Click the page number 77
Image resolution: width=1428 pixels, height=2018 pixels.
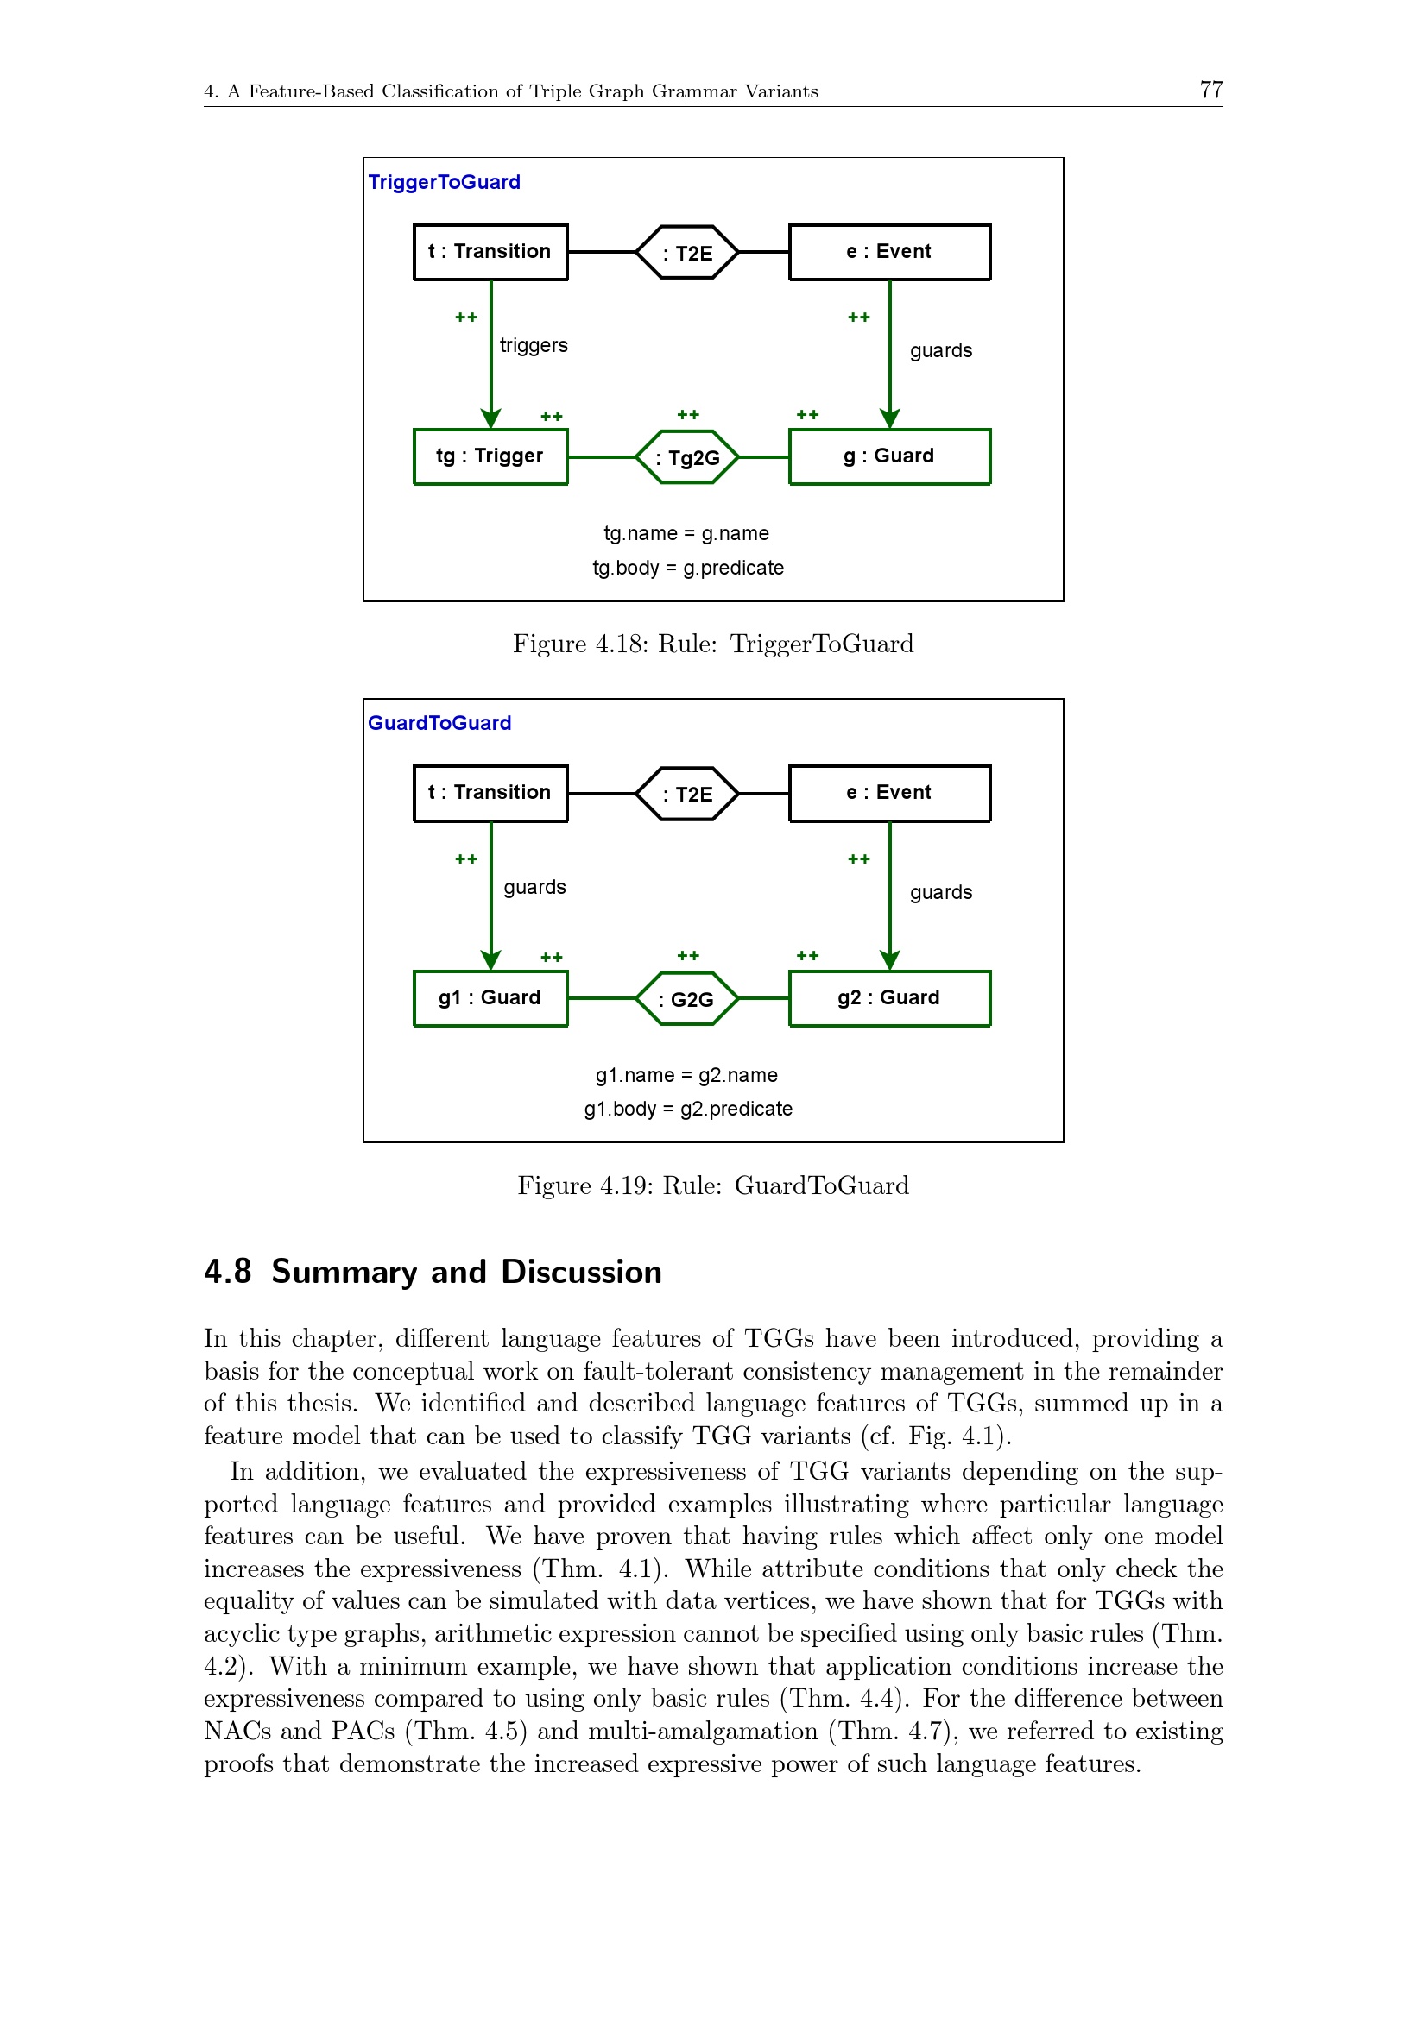coord(1210,90)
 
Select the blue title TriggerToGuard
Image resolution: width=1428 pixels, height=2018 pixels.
coord(443,182)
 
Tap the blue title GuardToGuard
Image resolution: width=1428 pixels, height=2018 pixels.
coord(439,722)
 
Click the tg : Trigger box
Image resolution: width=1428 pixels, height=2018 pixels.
coord(490,456)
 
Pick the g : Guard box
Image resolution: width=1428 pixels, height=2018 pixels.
coord(889,456)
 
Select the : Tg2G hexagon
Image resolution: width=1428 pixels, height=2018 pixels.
coord(686,457)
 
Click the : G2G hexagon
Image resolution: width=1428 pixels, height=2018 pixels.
coord(686,998)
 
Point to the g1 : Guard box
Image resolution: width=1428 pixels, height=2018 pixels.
coord(490,997)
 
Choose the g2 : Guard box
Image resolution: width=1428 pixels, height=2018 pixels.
coord(889,997)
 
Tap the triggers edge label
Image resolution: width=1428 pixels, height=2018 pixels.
coord(534,345)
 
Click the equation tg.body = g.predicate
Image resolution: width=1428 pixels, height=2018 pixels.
coord(687,568)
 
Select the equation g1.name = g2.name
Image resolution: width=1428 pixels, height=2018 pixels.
coord(686,1075)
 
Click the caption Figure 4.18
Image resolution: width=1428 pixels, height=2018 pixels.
coord(712,644)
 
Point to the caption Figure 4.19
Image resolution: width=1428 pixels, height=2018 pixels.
coord(712,1185)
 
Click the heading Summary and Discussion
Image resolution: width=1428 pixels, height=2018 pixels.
coord(466,1272)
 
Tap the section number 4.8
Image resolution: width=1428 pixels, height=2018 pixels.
coord(227,1272)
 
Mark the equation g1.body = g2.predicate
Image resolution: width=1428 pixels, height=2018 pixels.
coord(687,1110)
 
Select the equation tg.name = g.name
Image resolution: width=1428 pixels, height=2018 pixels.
coord(686,533)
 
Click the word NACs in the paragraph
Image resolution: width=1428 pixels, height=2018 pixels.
coord(236,1732)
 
